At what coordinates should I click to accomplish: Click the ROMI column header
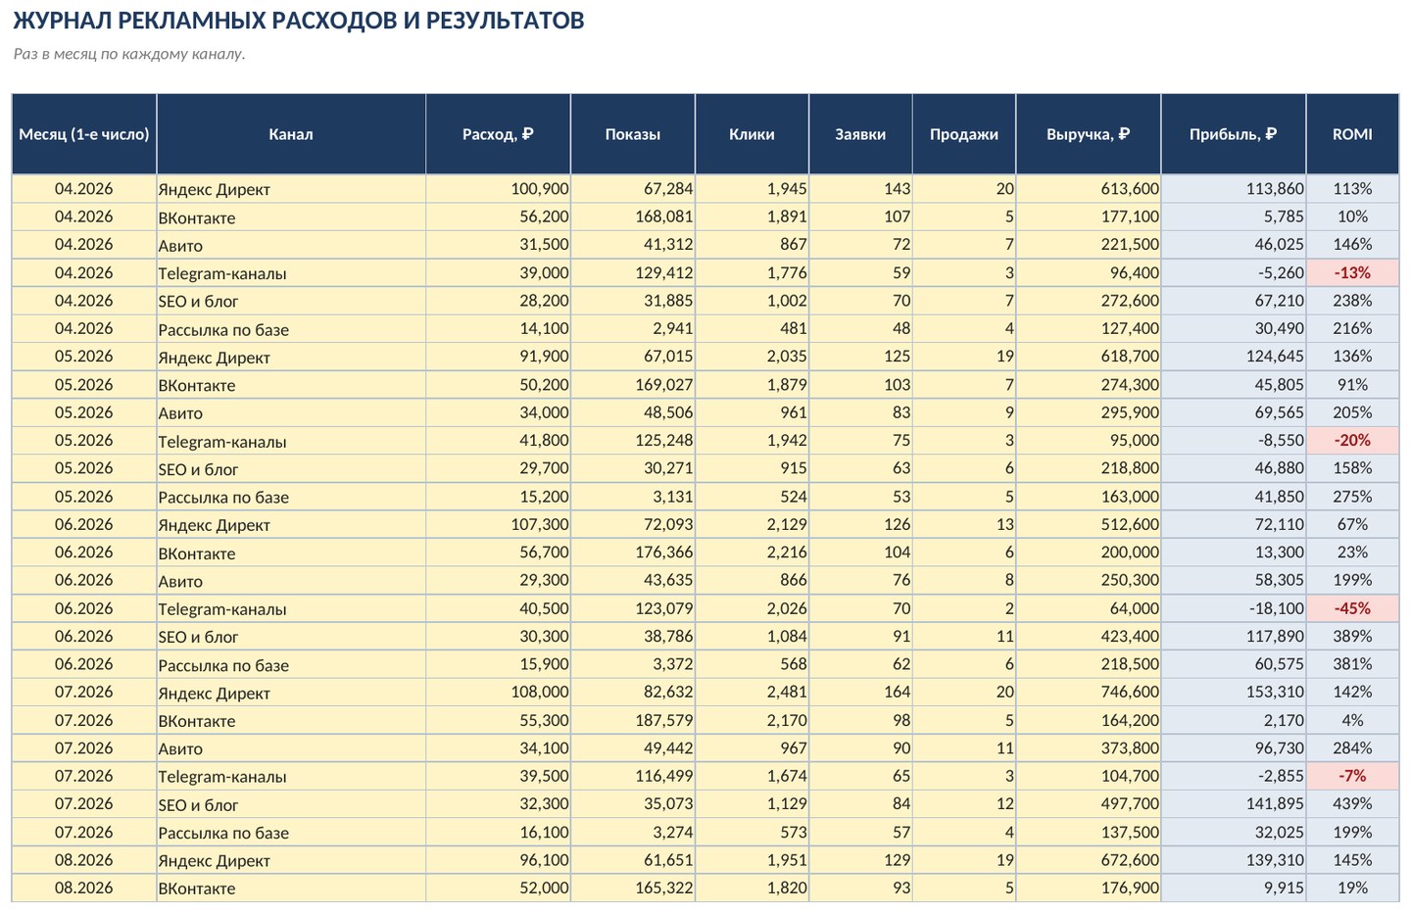tap(1352, 134)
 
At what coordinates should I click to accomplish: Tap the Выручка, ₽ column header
tap(1088, 134)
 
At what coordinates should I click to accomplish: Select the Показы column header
tap(632, 134)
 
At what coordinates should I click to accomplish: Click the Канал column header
tap(291, 134)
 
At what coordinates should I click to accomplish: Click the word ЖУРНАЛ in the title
tap(62, 21)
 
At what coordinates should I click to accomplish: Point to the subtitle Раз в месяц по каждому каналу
tap(129, 54)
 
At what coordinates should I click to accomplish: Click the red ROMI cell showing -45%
tap(1352, 608)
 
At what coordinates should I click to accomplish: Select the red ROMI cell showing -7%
tap(1352, 776)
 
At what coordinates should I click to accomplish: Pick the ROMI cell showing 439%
tap(1352, 803)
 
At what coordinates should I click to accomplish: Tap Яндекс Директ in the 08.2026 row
tap(214, 861)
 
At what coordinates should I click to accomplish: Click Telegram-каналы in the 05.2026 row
tap(221, 442)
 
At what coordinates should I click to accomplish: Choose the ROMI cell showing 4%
tap(1352, 720)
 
